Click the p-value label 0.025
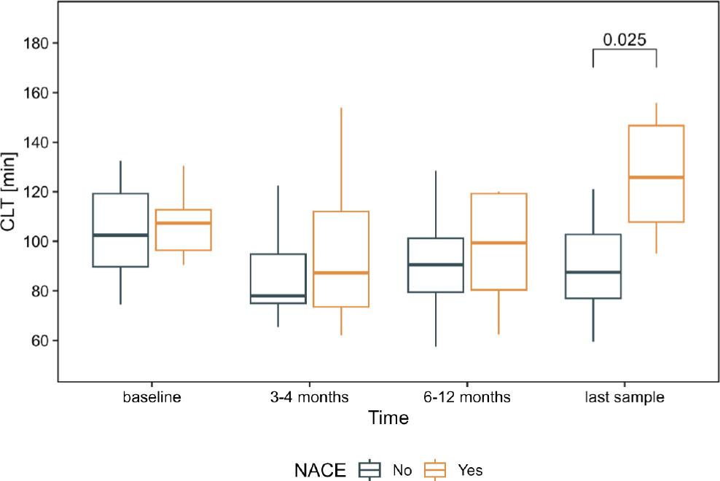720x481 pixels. click(625, 39)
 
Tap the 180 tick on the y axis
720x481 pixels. click(36, 44)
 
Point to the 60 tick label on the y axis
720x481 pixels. click(39, 341)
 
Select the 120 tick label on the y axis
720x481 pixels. click(36, 192)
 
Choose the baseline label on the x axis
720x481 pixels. click(152, 398)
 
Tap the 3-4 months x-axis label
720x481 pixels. click(309, 398)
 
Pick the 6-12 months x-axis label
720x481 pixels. click(467, 398)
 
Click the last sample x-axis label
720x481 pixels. click(625, 398)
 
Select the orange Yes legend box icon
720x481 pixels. click(437, 470)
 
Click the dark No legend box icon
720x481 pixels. click(370, 470)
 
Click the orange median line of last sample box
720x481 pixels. click(656, 177)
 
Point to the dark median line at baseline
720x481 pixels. click(120, 235)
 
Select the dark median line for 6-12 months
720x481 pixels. click(436, 265)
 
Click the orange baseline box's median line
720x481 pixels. click(183, 223)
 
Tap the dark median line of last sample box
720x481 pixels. click(593, 272)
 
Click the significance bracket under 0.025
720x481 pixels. click(625, 50)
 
